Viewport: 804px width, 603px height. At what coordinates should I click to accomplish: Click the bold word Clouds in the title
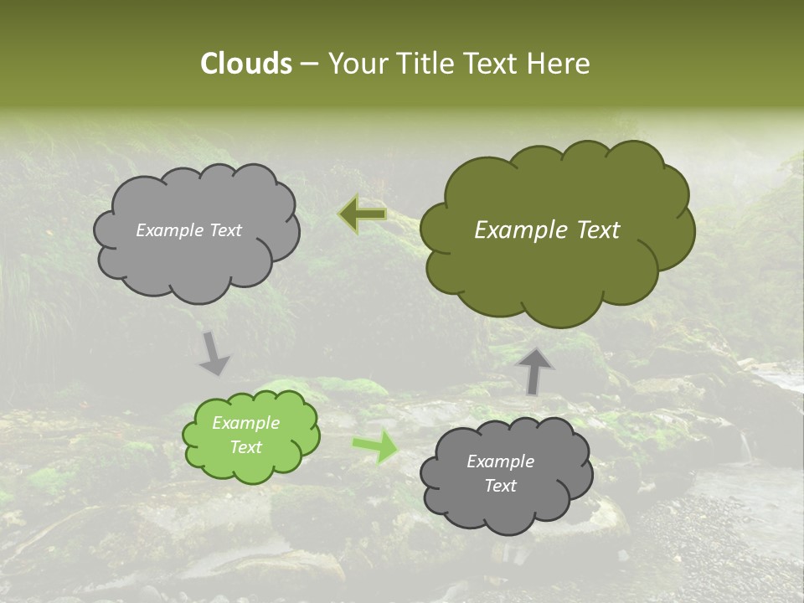[x=245, y=64]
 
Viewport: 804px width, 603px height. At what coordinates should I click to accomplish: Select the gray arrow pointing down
[x=214, y=353]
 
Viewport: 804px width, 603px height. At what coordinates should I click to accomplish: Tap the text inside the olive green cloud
[x=547, y=230]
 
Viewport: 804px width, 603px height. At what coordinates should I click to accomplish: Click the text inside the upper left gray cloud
[x=188, y=230]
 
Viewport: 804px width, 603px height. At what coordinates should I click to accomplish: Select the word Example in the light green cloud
[x=245, y=423]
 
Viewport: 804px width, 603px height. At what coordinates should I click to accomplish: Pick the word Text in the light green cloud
[x=245, y=447]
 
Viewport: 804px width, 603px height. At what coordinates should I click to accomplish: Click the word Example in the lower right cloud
[x=500, y=461]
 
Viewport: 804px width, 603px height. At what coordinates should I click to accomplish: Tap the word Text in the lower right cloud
[x=500, y=486]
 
